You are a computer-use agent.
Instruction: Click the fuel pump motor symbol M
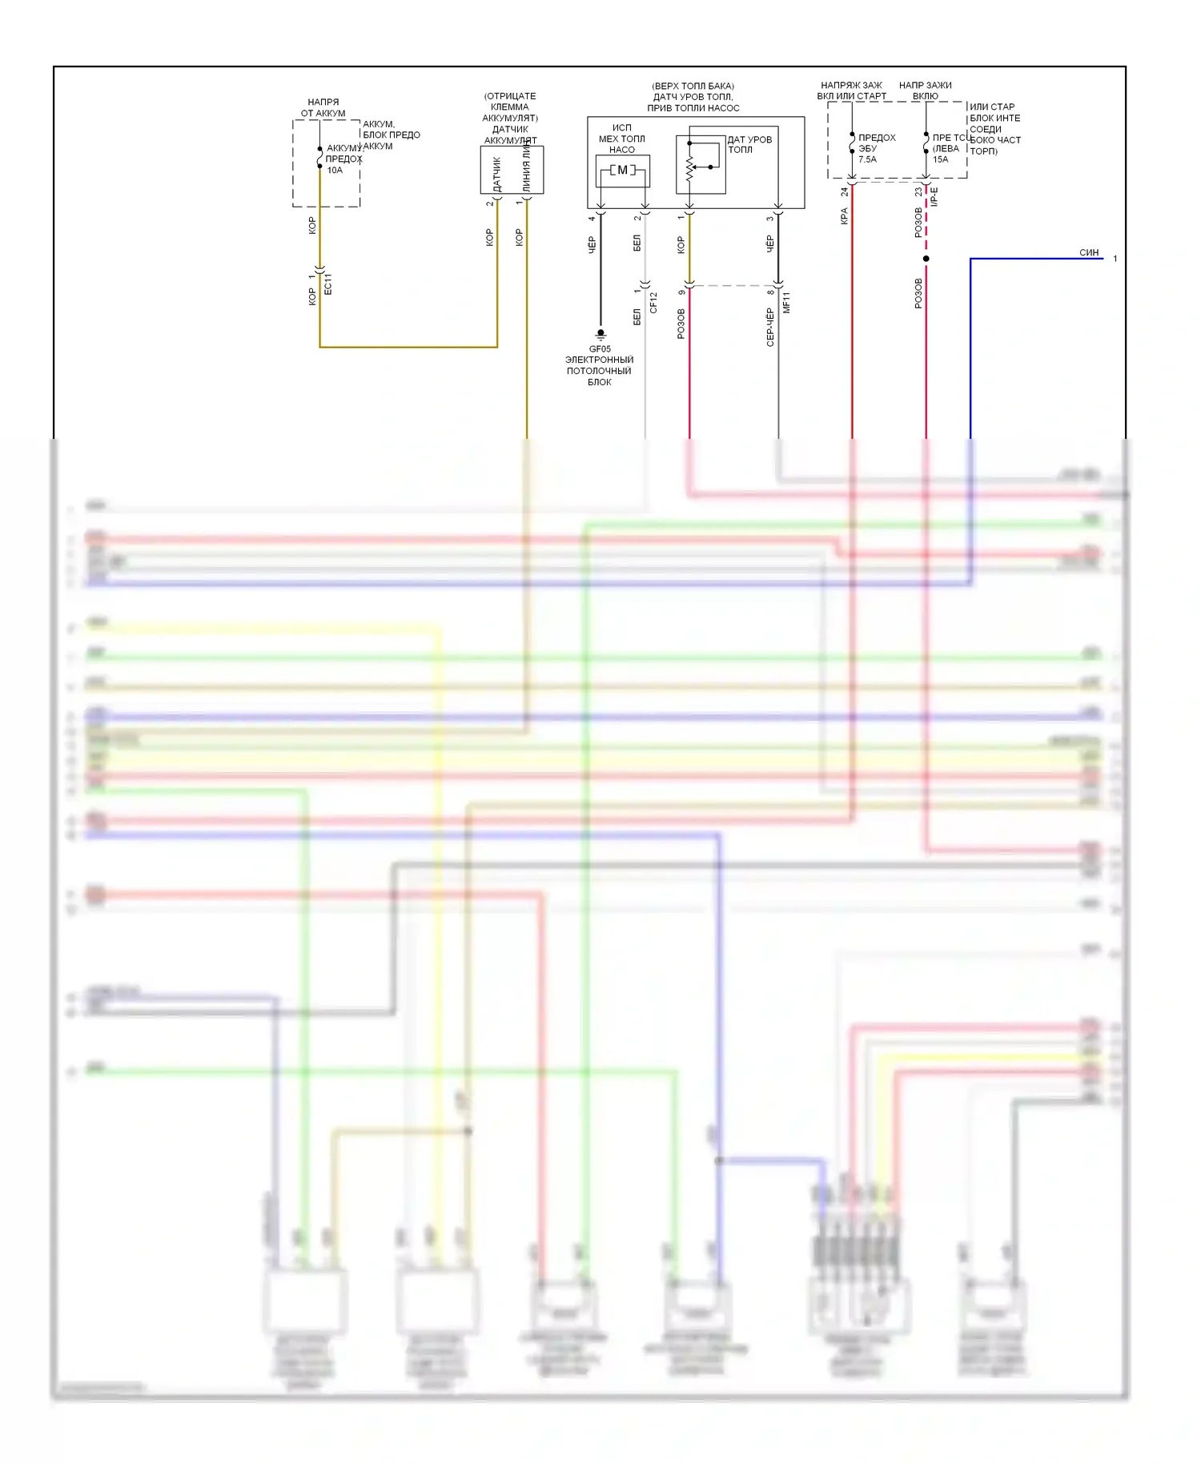[x=623, y=170]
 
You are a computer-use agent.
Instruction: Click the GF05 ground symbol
[x=600, y=334]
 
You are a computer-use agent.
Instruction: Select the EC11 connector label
[x=327, y=284]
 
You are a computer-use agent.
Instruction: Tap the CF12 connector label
[x=653, y=302]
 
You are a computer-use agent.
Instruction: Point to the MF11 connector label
[x=786, y=302]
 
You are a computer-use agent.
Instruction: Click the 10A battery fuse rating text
[x=335, y=170]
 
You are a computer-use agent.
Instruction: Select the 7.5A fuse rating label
[x=867, y=159]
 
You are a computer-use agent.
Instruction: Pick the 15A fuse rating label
[x=940, y=159]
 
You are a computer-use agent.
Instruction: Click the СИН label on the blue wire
[x=1089, y=252]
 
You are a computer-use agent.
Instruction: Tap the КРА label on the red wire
[x=844, y=216]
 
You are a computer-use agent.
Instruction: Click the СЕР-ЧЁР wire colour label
[x=770, y=328]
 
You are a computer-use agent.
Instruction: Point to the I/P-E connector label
[x=934, y=197]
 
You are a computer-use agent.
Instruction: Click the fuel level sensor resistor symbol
[x=689, y=168]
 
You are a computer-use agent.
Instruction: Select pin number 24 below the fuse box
[x=844, y=192]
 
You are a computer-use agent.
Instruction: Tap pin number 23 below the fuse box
[x=918, y=192]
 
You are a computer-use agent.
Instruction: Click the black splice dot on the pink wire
[x=926, y=259]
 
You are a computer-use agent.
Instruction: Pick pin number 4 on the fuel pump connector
[x=592, y=218]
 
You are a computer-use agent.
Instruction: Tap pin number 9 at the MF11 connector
[x=681, y=292]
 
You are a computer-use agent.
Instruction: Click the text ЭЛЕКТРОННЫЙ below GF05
[x=599, y=360]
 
